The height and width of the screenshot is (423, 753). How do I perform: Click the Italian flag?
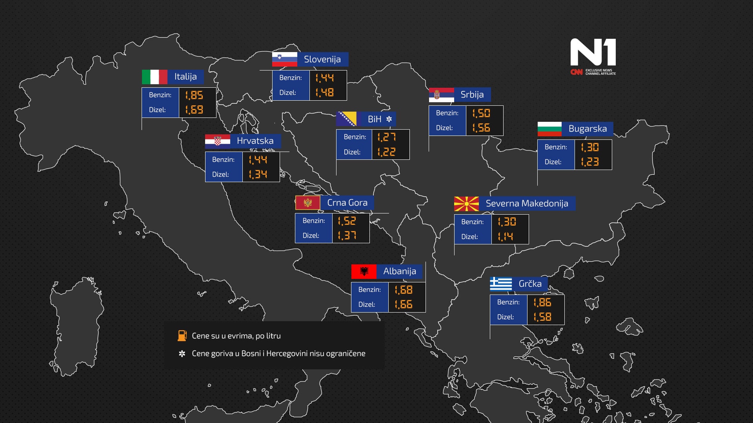tap(155, 77)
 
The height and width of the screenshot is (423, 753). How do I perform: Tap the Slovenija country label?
tap(322, 60)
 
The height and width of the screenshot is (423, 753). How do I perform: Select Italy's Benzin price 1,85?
tap(194, 95)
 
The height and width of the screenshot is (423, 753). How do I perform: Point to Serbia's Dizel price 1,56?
tap(481, 128)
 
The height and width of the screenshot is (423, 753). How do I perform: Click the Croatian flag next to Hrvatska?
tap(218, 141)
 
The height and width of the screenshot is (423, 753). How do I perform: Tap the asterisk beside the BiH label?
tap(389, 119)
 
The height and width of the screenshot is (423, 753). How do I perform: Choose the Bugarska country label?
tap(587, 129)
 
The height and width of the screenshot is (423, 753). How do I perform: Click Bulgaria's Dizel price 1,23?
tap(590, 162)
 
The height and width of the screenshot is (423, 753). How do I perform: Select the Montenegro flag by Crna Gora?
tap(308, 202)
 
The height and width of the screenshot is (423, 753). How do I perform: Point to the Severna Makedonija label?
tap(527, 204)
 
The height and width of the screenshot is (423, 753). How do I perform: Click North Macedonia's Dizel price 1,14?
tap(506, 237)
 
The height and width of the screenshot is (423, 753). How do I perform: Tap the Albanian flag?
tap(364, 271)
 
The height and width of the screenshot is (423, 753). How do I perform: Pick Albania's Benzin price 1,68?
tap(404, 290)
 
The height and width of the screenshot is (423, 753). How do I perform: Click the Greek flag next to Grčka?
tap(501, 284)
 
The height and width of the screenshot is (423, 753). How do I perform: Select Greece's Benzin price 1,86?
tap(542, 302)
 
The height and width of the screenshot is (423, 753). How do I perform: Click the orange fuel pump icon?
tap(182, 336)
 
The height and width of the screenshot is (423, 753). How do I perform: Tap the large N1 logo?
tap(593, 52)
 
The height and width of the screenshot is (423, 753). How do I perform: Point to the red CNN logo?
tap(576, 72)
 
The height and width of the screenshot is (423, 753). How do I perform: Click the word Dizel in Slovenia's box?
tap(287, 93)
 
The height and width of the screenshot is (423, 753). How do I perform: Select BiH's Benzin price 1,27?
tap(387, 137)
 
